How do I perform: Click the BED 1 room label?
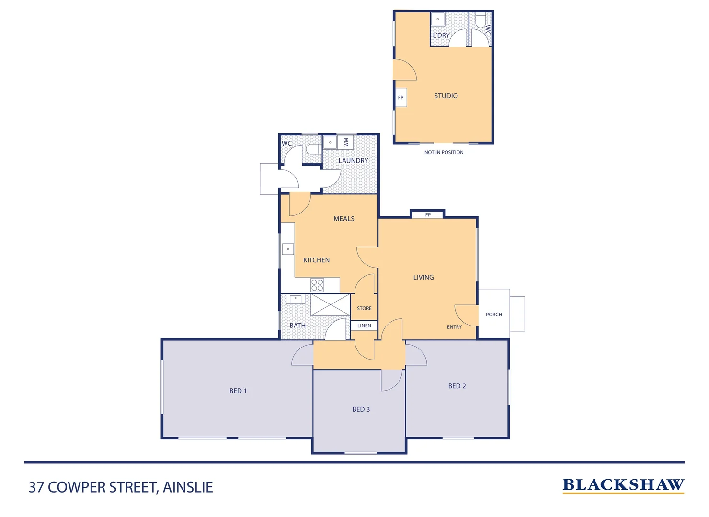click(238, 391)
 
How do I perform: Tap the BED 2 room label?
click(457, 386)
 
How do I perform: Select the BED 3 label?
click(361, 409)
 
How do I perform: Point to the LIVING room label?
click(423, 277)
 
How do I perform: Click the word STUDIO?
click(446, 96)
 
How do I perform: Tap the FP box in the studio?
click(401, 98)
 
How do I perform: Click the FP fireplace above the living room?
click(428, 214)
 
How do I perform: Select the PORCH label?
click(494, 315)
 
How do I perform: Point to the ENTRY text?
click(454, 327)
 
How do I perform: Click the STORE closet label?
click(364, 308)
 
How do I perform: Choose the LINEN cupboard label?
click(364, 326)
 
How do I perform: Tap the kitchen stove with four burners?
click(317, 285)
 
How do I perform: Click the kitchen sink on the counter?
click(288, 249)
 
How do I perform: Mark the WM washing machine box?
click(346, 142)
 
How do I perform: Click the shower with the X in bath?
click(331, 305)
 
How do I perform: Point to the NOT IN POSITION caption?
click(444, 152)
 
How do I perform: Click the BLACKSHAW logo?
click(623, 485)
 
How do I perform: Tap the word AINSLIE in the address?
click(188, 487)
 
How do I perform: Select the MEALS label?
click(344, 219)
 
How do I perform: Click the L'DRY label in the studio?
click(441, 35)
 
